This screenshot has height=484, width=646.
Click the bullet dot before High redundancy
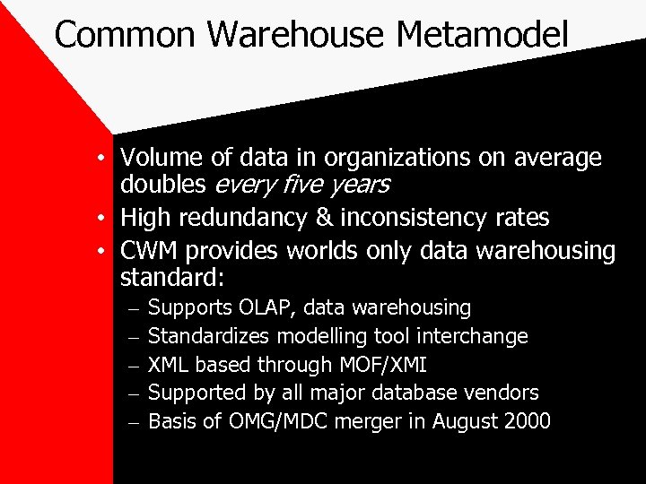(104, 219)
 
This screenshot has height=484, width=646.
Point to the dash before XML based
(131, 365)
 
